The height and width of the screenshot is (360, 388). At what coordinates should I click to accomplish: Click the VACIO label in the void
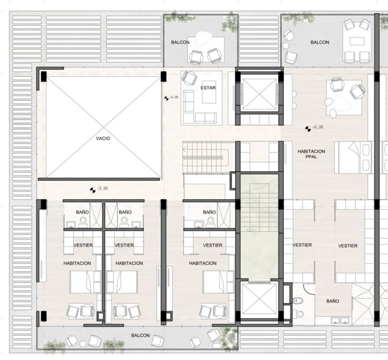(x=103, y=138)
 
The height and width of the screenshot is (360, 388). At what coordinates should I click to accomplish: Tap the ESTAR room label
(x=208, y=88)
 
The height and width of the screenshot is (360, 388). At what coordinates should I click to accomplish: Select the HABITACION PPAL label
(x=311, y=154)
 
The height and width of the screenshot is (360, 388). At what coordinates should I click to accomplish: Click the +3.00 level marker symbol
(x=166, y=98)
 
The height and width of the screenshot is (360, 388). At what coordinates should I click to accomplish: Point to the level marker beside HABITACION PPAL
(x=308, y=129)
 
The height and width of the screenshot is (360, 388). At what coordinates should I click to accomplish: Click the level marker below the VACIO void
(x=92, y=190)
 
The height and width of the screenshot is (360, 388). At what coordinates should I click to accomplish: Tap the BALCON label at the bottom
(x=140, y=335)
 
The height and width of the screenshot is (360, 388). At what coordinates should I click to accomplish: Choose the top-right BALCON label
(x=320, y=42)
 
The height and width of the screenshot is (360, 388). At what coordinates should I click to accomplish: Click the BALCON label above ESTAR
(x=180, y=42)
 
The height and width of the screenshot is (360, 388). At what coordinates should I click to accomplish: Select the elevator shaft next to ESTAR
(x=259, y=94)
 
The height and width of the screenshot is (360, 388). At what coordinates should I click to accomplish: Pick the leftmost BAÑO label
(x=83, y=212)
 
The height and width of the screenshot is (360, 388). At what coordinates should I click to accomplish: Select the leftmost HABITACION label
(x=77, y=263)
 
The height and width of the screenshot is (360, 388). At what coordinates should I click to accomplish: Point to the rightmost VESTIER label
(x=348, y=246)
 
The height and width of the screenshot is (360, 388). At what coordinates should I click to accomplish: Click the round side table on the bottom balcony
(x=83, y=344)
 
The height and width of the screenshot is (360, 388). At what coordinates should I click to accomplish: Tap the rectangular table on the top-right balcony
(x=357, y=41)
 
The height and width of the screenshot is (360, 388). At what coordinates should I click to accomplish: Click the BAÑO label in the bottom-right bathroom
(x=333, y=301)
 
